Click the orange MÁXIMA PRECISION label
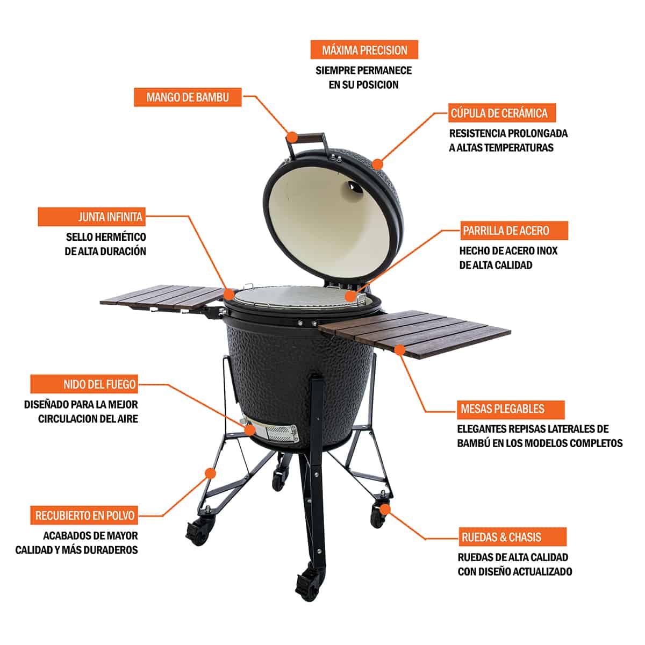364,51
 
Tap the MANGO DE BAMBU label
188,97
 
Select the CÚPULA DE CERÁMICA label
499,113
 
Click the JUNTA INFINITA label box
91,217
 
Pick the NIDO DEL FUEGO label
84,384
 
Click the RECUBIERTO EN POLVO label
84,515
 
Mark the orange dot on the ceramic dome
378,163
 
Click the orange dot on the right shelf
399,349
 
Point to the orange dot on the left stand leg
210,473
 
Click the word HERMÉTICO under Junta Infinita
120,237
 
